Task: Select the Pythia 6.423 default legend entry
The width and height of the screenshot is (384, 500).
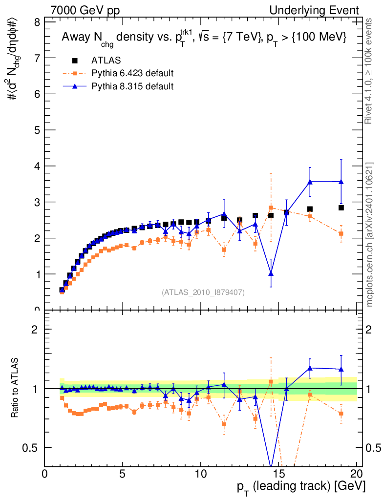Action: (x=132, y=74)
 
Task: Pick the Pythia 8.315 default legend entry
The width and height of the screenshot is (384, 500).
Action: (x=132, y=86)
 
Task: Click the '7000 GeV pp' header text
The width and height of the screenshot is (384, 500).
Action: (x=85, y=10)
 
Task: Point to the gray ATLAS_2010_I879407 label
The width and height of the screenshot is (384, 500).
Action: (x=203, y=292)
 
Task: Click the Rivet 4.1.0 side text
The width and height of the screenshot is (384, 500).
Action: (x=369, y=71)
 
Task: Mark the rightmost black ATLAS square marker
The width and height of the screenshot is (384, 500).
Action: (x=341, y=208)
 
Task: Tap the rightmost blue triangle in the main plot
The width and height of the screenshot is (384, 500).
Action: (x=341, y=182)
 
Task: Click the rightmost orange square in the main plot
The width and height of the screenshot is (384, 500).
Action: (x=341, y=233)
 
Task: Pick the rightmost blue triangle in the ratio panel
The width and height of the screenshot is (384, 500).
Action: (x=341, y=369)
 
